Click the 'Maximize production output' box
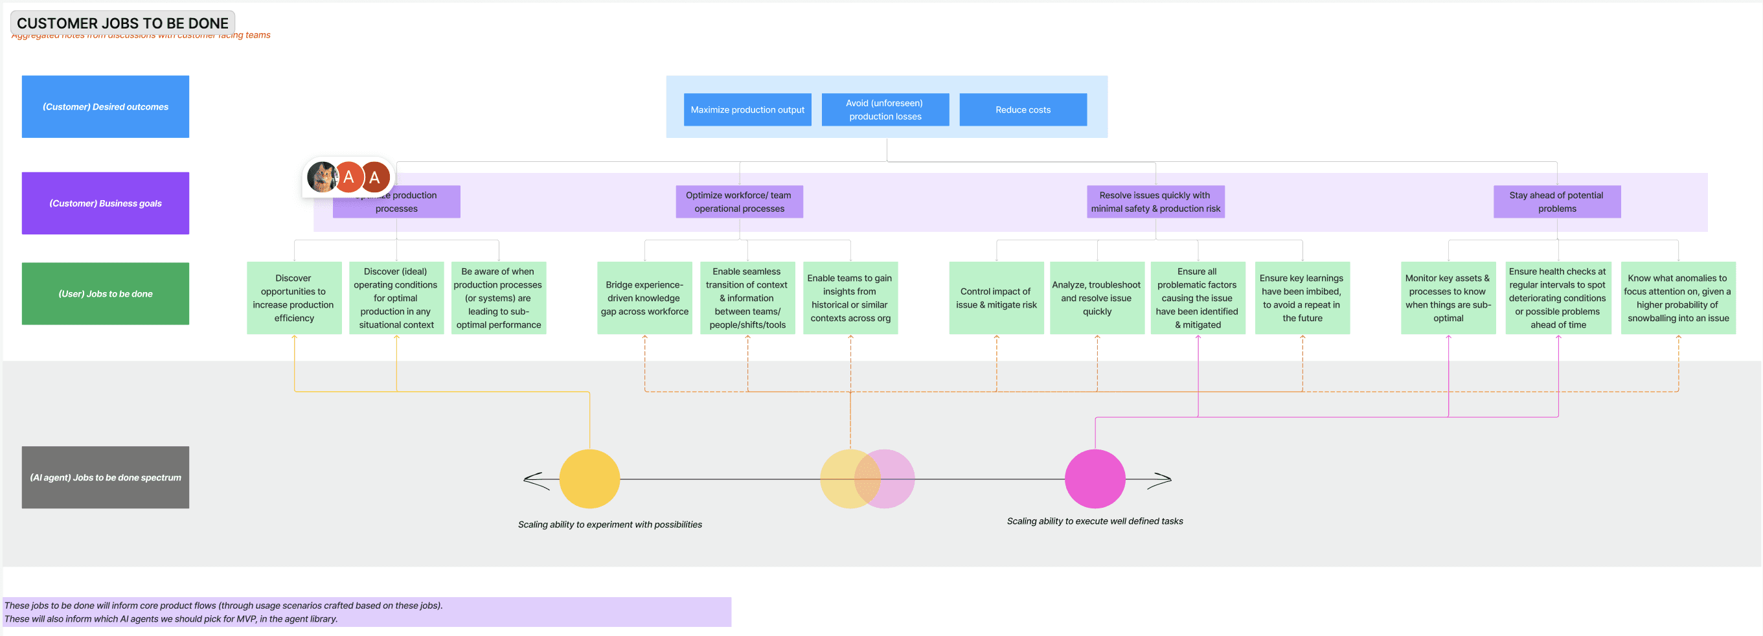(x=747, y=109)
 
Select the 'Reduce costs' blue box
(x=1023, y=109)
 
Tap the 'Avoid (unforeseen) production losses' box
(x=885, y=109)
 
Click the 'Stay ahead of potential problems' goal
(x=1556, y=202)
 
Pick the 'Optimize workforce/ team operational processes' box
(x=739, y=202)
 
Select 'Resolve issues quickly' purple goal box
(x=1155, y=202)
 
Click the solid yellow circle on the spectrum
(x=589, y=479)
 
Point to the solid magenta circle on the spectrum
(x=1095, y=479)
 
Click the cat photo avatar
(x=322, y=177)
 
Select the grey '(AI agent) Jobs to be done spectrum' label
(x=106, y=477)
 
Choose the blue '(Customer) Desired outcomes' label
(x=106, y=107)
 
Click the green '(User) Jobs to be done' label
(x=106, y=293)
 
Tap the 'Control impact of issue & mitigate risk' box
(x=995, y=298)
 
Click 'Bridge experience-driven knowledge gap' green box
(x=644, y=298)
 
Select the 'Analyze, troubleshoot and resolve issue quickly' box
(x=1097, y=298)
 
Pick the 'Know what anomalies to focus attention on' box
(x=1678, y=298)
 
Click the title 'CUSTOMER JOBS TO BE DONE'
(x=122, y=23)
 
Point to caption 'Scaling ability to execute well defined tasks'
(x=1095, y=521)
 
